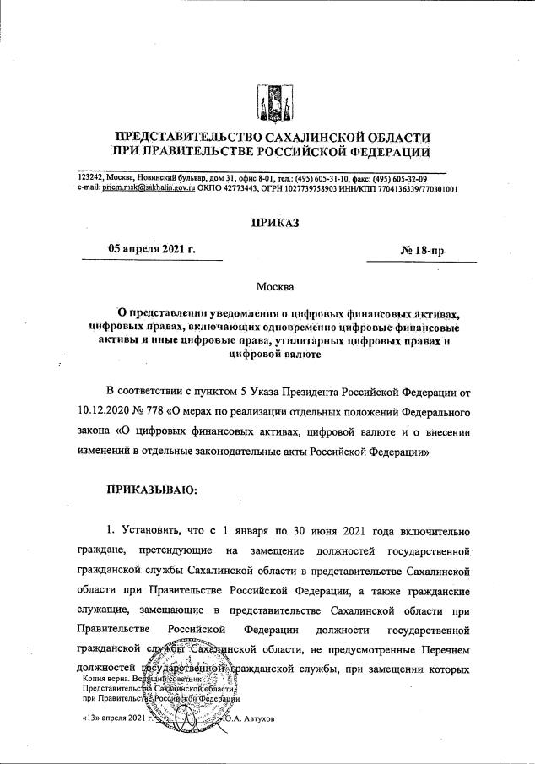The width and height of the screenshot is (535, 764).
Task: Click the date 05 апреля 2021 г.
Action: point(152,250)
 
